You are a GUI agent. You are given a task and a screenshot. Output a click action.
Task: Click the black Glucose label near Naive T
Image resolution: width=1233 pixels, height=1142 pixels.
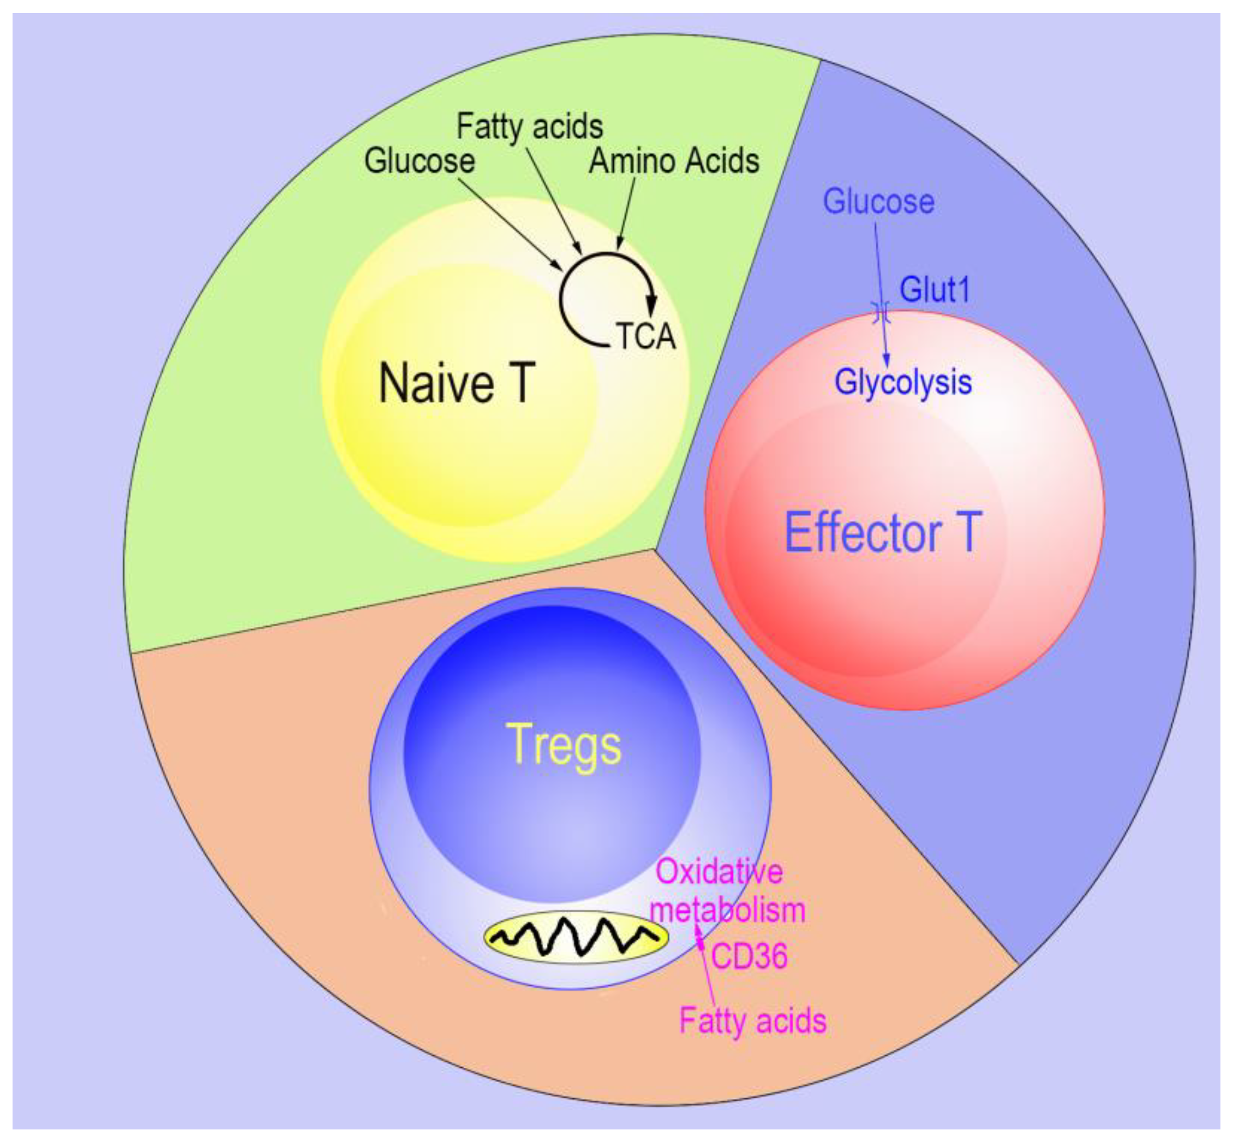pyautogui.click(x=420, y=161)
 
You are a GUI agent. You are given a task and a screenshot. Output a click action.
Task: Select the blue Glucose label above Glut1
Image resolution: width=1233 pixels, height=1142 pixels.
pyautogui.click(x=878, y=202)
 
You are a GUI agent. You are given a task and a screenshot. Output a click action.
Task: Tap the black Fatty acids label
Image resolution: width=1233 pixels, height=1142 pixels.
pyautogui.click(x=529, y=127)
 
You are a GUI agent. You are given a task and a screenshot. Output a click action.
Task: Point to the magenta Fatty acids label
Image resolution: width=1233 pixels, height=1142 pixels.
pyautogui.click(x=752, y=1020)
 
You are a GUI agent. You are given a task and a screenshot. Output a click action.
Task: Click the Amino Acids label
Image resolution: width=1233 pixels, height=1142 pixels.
pyautogui.click(x=673, y=161)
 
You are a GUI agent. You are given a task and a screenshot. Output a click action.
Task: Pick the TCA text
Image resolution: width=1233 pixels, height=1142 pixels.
pyautogui.click(x=645, y=337)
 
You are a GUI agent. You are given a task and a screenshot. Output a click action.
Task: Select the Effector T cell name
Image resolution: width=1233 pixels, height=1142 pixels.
pyautogui.click(x=882, y=532)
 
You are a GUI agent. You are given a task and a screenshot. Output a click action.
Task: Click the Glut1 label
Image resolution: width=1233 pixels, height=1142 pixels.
pyautogui.click(x=934, y=289)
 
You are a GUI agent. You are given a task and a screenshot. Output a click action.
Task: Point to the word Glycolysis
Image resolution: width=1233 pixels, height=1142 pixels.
pyautogui.click(x=902, y=383)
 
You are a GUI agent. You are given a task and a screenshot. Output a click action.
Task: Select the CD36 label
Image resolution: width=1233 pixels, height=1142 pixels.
pyautogui.click(x=749, y=956)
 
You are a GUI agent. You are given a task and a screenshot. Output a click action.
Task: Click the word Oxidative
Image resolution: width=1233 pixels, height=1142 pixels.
pyautogui.click(x=719, y=872)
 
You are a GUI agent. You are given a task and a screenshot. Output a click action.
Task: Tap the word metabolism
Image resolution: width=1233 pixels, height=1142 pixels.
pyautogui.click(x=728, y=910)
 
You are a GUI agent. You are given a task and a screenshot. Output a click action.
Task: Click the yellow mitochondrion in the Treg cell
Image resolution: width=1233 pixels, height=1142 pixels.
pyautogui.click(x=576, y=937)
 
